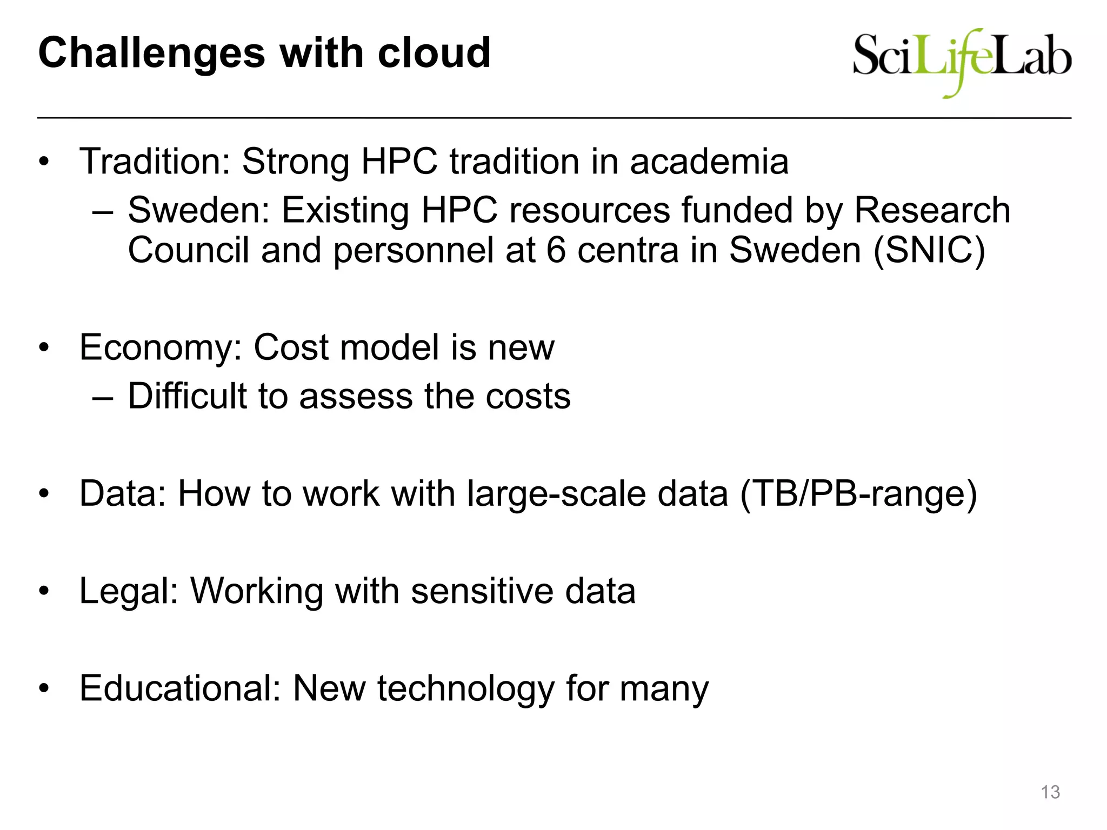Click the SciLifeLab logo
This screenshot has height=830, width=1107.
(962, 62)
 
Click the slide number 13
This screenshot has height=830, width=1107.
(1050, 792)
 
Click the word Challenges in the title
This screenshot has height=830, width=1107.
(151, 54)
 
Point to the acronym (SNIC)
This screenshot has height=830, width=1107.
(929, 250)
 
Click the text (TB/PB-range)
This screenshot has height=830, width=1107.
(858, 494)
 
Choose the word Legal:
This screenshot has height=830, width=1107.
(129, 591)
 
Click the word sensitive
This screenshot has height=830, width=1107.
(482, 591)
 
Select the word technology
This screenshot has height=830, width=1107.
(465, 689)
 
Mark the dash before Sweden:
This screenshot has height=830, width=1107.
(103, 211)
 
